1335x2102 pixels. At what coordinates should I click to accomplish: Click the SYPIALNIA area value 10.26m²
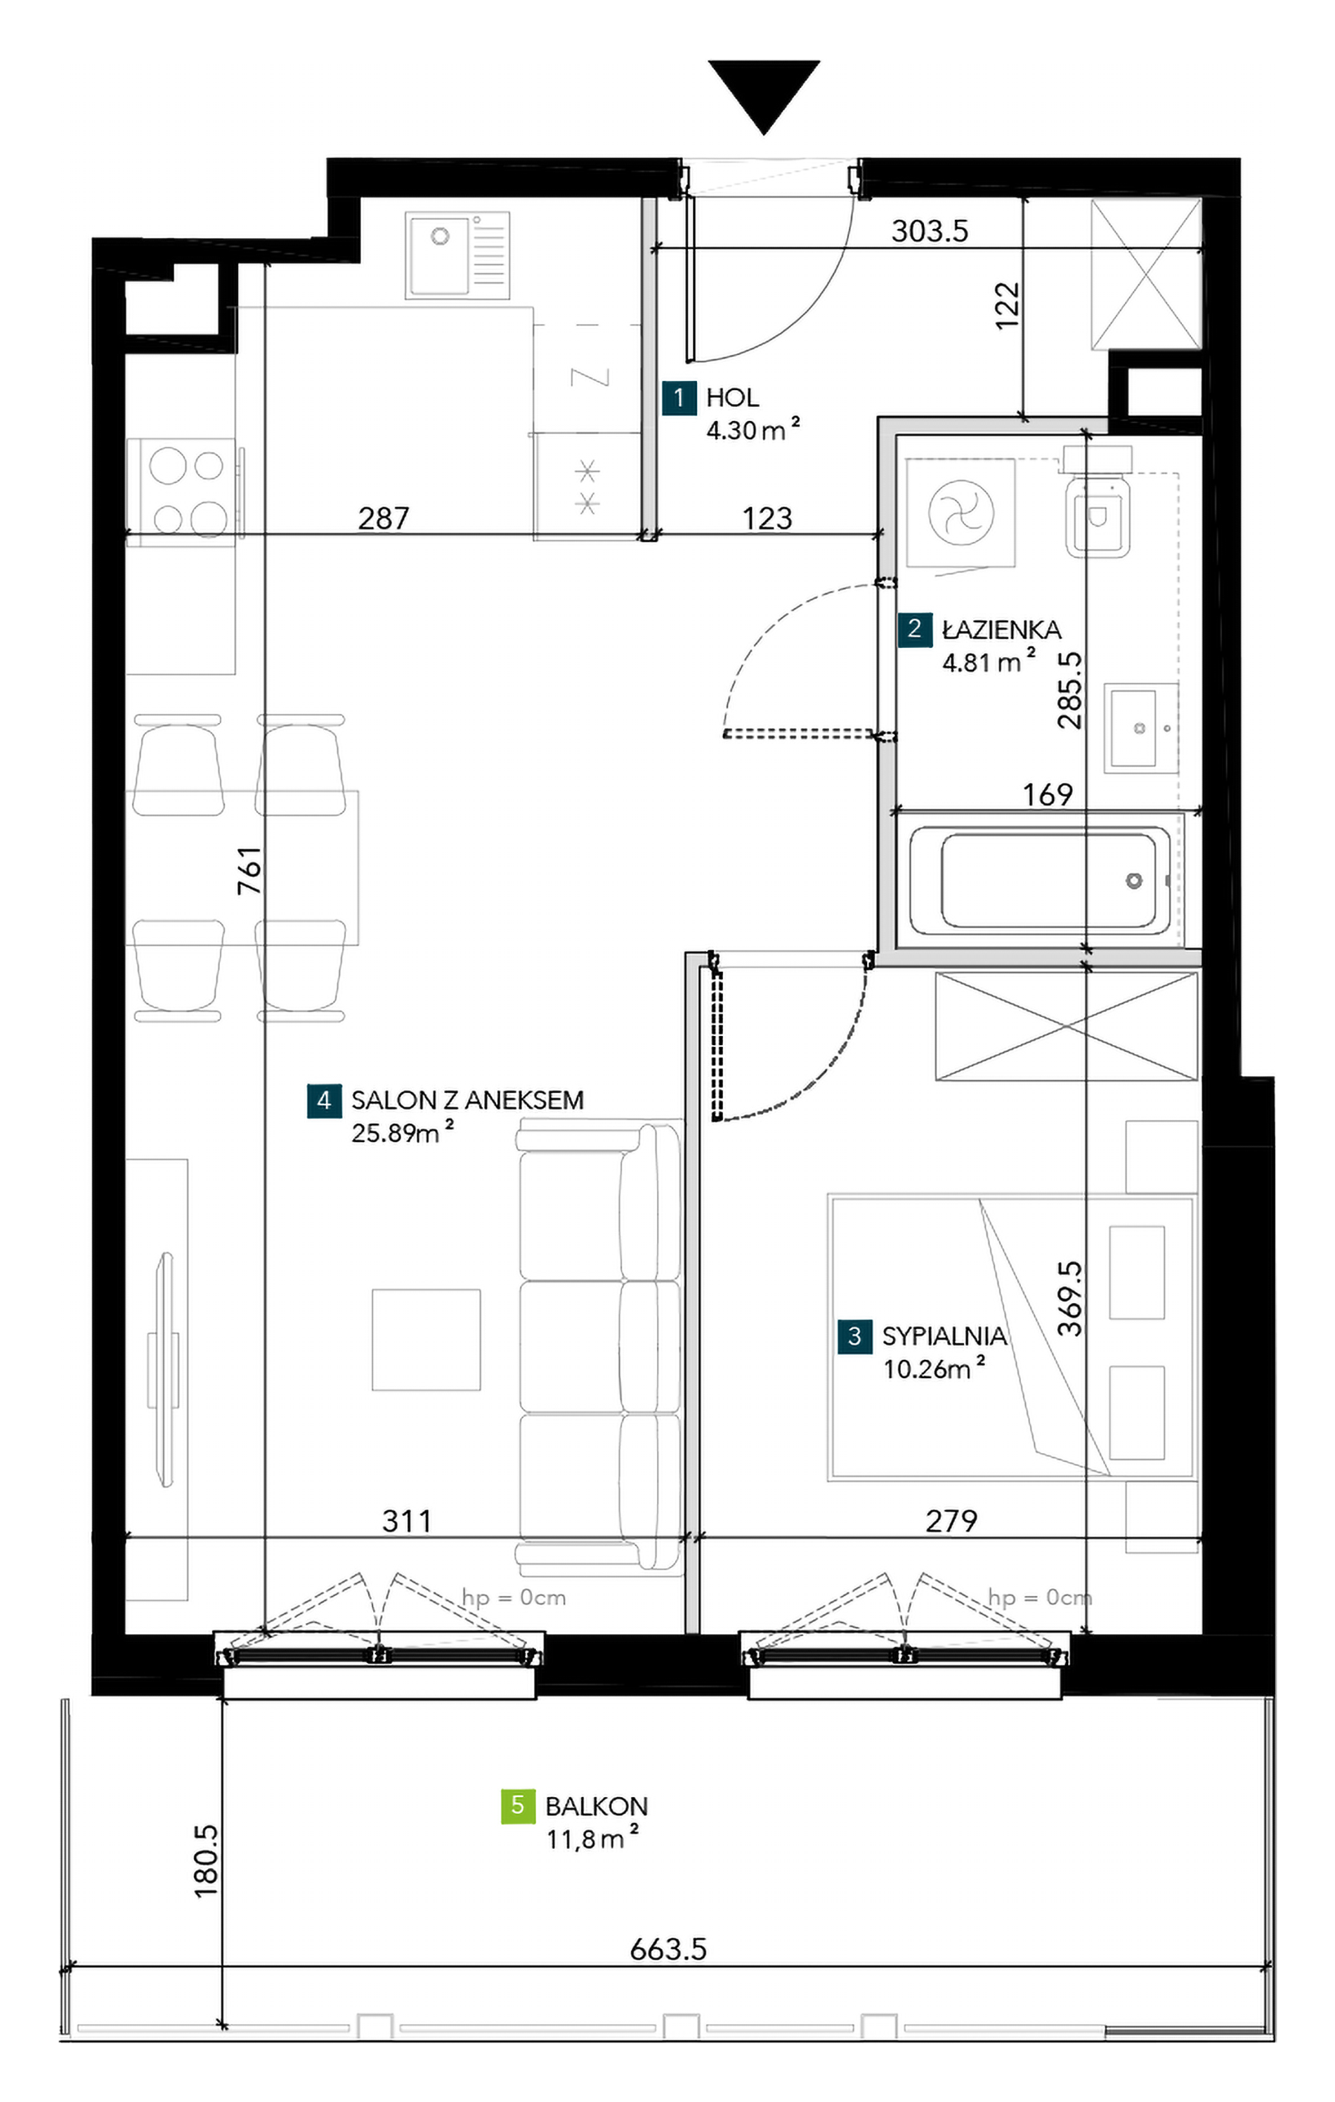click(934, 1367)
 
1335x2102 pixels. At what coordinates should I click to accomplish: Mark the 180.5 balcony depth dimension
click(206, 1861)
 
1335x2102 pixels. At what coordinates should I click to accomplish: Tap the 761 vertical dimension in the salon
click(249, 869)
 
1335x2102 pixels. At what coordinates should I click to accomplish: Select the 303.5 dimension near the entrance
click(930, 231)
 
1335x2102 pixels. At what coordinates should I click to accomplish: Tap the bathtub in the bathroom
click(1040, 879)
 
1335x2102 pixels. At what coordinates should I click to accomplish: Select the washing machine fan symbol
click(960, 512)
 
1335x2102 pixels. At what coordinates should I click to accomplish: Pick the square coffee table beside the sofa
click(426, 1339)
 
